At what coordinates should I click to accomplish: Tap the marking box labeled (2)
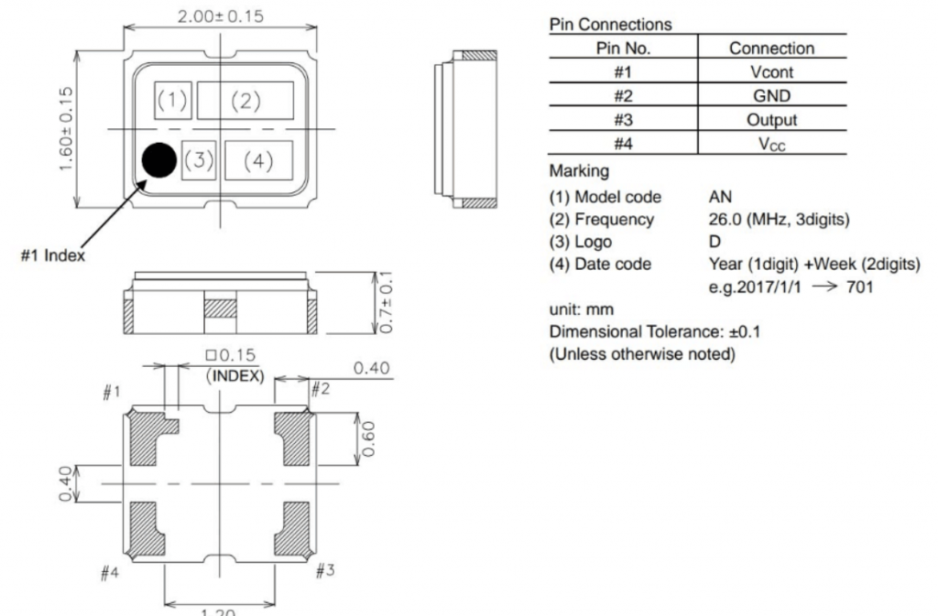(x=245, y=101)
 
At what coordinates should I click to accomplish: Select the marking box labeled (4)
(x=258, y=161)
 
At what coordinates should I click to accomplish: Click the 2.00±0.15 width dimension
(x=219, y=16)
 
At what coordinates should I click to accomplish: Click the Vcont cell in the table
(x=770, y=70)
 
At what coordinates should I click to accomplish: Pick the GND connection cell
(x=770, y=94)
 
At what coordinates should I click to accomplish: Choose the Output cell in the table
(x=770, y=119)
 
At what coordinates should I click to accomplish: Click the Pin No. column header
(x=622, y=48)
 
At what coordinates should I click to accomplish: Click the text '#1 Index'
(x=54, y=255)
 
